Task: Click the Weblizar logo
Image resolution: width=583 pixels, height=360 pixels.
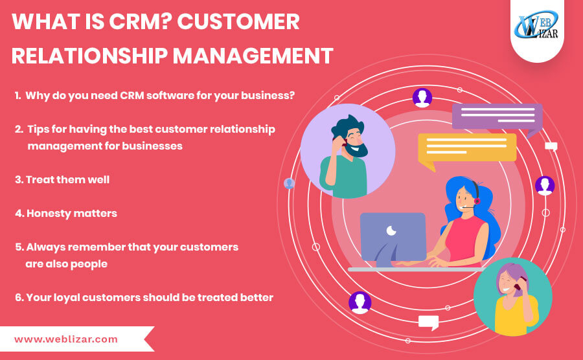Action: coord(536,25)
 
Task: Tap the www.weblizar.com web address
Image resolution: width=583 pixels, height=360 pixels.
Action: coord(66,339)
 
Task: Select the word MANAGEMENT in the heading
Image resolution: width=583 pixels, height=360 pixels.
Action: coord(253,56)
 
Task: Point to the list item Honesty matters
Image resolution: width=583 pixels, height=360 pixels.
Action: coord(66,213)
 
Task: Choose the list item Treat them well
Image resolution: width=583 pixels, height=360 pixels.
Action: coord(62,180)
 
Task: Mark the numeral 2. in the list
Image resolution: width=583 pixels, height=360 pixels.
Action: coord(19,129)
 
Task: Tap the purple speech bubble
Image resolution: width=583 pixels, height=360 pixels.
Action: coord(497,118)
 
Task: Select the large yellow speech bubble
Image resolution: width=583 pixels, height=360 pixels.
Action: coord(467,149)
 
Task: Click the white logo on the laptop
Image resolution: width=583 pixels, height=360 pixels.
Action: coord(391,231)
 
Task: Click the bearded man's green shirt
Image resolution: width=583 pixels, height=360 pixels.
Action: coord(344,176)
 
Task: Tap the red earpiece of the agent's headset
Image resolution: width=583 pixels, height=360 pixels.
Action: coord(477,201)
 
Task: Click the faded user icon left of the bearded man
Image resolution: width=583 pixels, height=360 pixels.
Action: coord(290,183)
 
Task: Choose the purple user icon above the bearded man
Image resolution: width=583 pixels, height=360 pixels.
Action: coord(422,98)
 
